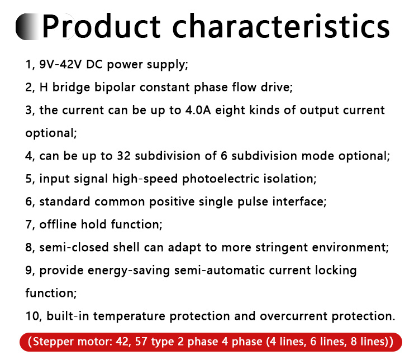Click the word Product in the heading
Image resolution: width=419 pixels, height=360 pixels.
click(101, 26)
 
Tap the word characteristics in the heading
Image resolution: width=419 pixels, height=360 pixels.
click(281, 26)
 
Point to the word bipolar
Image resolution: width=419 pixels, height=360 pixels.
click(115, 88)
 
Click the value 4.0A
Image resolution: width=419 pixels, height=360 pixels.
click(198, 110)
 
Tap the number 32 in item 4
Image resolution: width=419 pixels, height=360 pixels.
click(123, 156)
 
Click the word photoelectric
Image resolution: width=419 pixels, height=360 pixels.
click(221, 179)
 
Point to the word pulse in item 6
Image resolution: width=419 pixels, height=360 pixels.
click(253, 202)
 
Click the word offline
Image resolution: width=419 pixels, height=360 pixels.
click(58, 224)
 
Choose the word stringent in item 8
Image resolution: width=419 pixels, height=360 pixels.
click(282, 248)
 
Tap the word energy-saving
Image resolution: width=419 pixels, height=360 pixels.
click(129, 271)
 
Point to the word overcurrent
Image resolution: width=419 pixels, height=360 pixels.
click(293, 316)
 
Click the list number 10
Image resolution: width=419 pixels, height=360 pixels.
click(32, 316)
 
